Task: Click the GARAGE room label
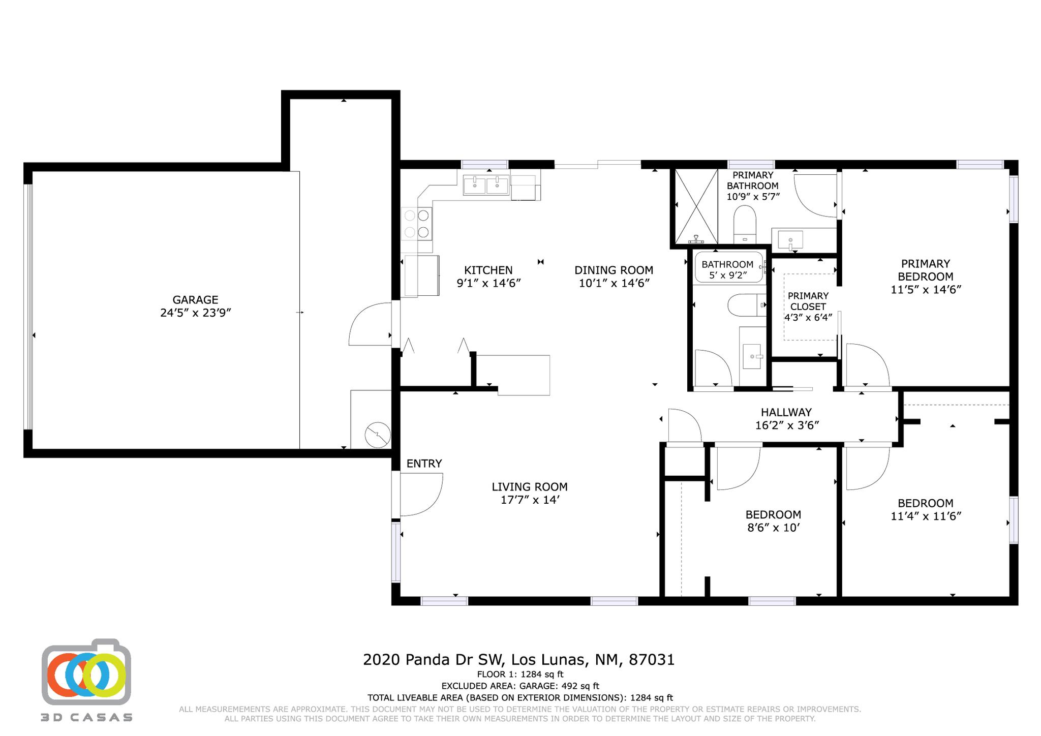[196, 306]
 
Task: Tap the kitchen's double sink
[485, 186]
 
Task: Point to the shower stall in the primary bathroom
[696, 207]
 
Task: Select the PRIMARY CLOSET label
[808, 306]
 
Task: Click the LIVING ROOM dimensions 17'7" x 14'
[530, 500]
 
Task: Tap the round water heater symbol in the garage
[378, 435]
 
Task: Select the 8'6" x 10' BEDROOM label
[773, 521]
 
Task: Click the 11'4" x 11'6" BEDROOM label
[925, 510]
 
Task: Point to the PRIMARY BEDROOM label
[925, 277]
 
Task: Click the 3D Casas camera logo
[86, 672]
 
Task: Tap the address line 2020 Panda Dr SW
[518, 660]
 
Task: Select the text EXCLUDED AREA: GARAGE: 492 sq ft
[520, 686]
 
